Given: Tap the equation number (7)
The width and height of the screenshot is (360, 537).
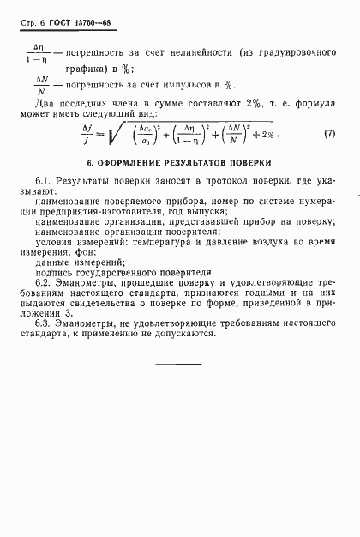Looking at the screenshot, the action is [x=330, y=135].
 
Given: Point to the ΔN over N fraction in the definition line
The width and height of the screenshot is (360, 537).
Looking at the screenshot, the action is [x=40, y=85].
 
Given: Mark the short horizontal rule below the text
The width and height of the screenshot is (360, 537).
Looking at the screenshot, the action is [x=178, y=364].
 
